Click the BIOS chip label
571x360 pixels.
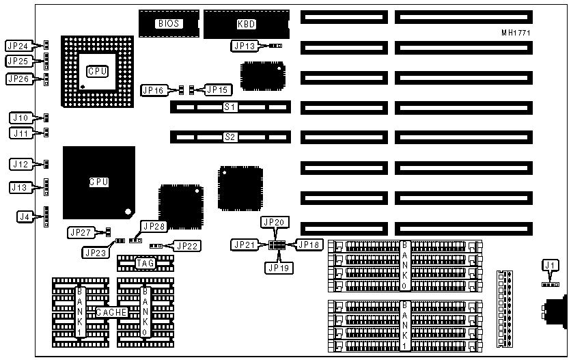(169, 23)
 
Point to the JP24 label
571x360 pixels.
(18, 46)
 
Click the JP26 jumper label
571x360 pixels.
(18, 79)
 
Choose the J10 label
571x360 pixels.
(20, 117)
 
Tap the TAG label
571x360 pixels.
(145, 262)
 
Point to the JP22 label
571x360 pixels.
(186, 245)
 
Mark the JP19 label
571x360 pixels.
(278, 268)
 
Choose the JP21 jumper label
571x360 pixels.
(245, 245)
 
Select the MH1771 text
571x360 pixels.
(516, 32)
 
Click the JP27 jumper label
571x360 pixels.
(81, 232)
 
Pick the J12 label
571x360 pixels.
(20, 164)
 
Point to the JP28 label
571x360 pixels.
(152, 225)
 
